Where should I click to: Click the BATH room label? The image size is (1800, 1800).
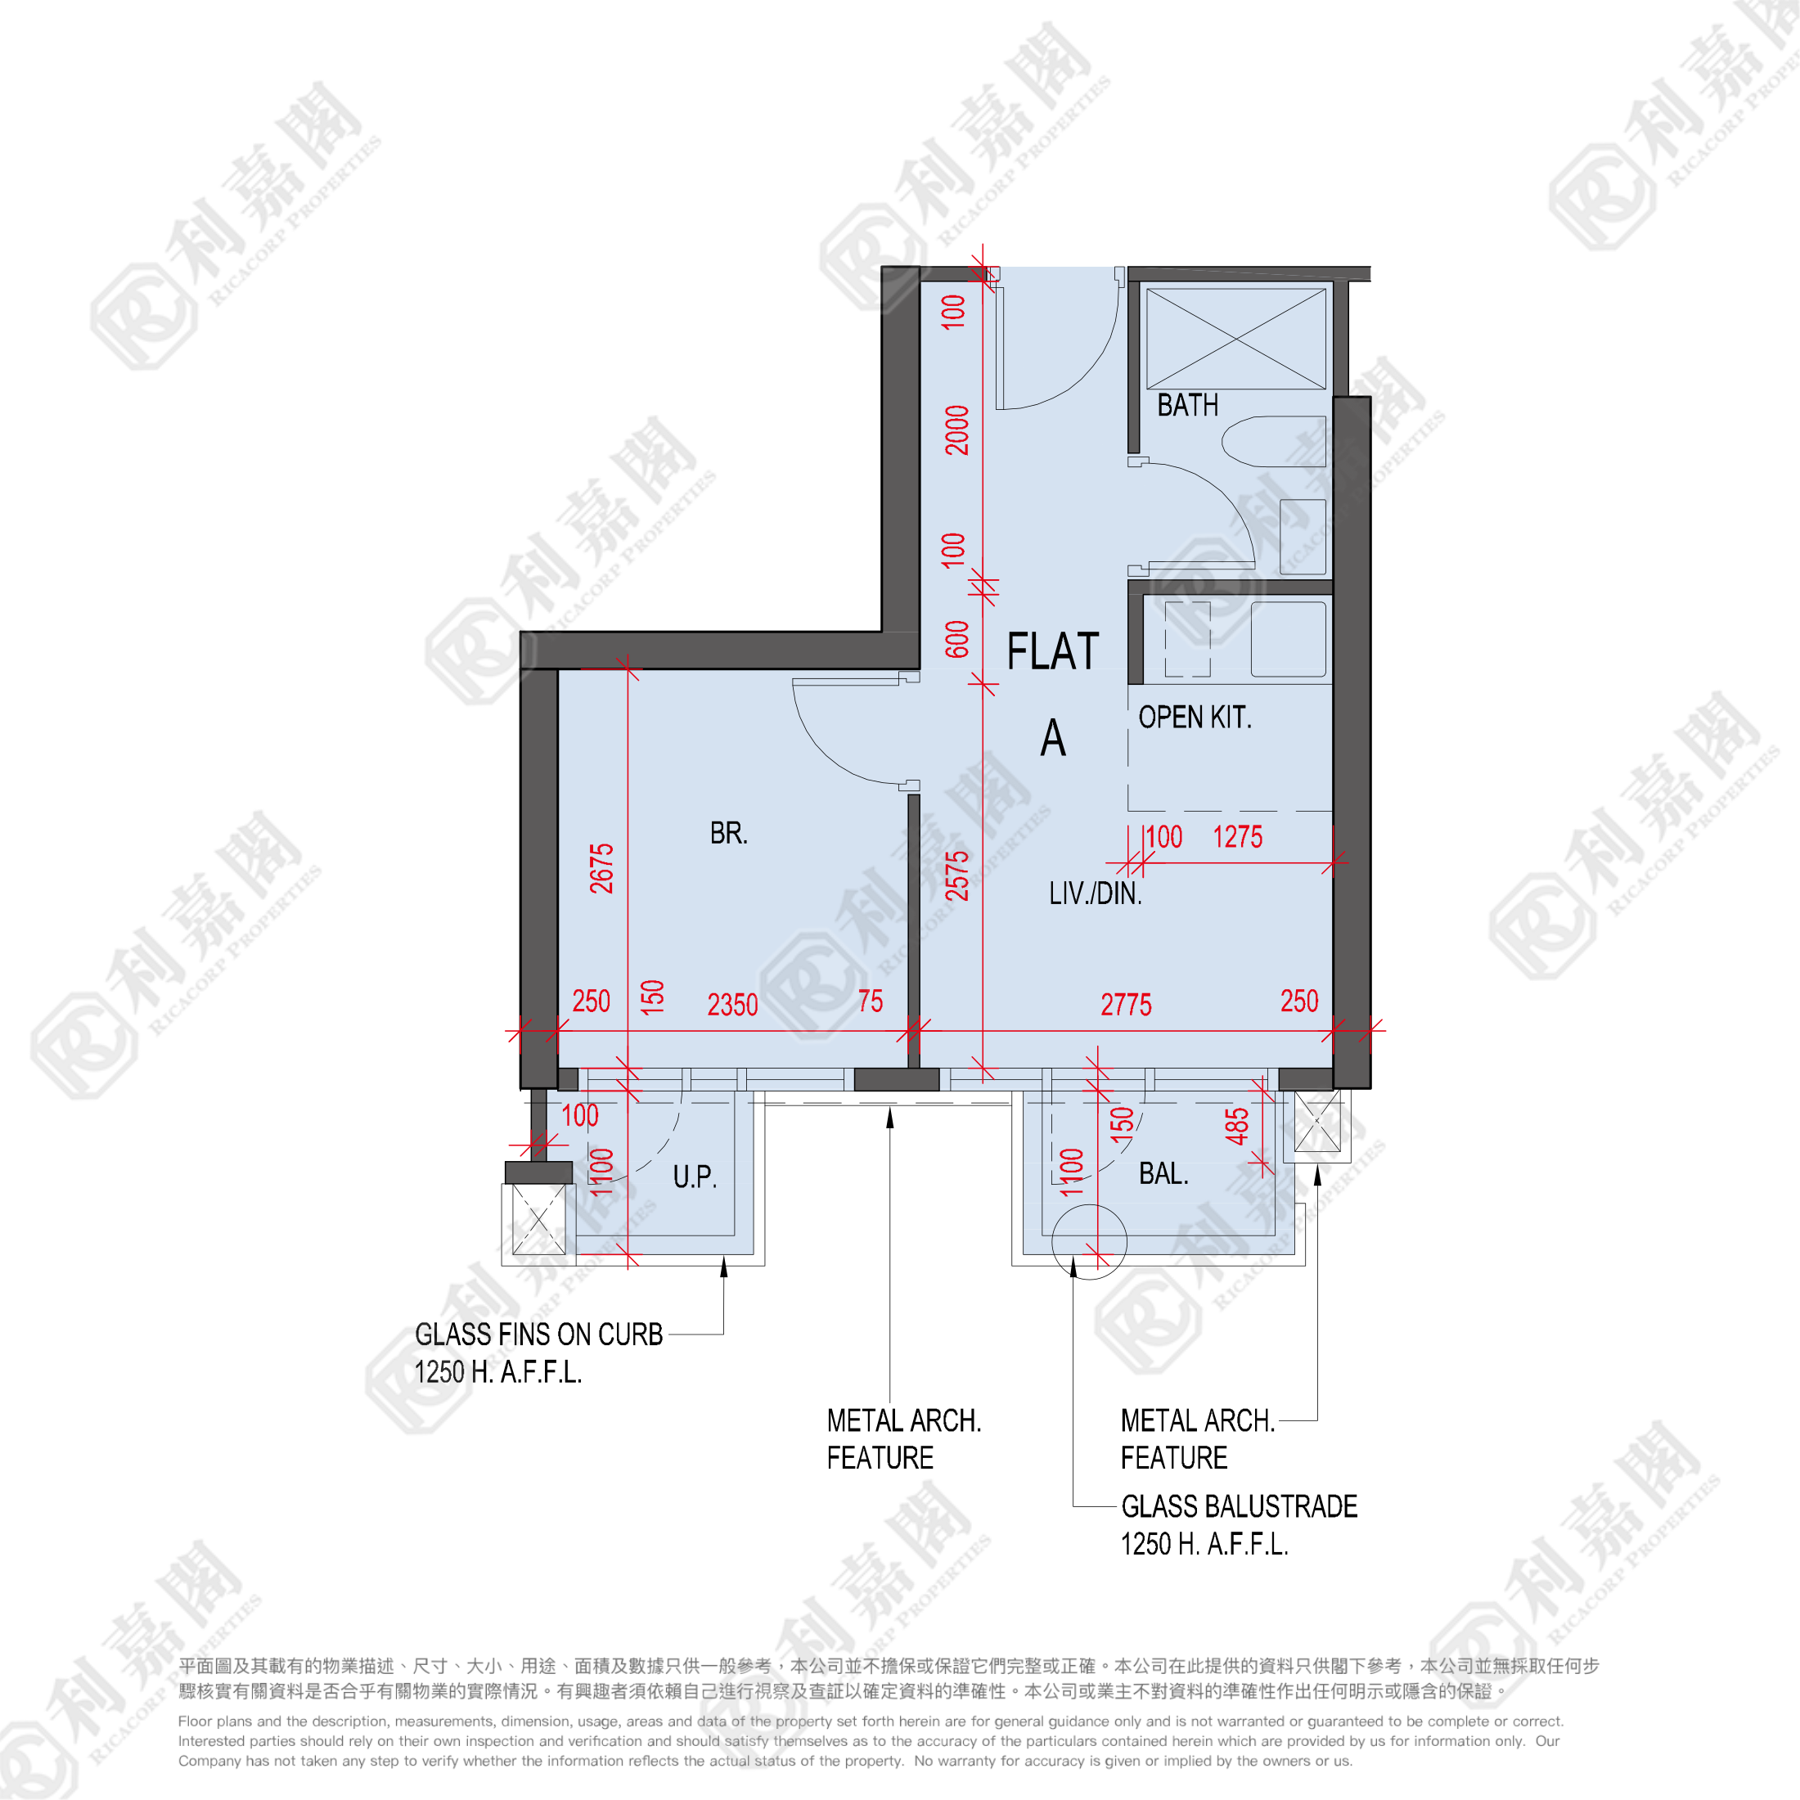coord(1187,405)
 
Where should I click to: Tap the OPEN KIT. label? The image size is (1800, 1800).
coord(1195,718)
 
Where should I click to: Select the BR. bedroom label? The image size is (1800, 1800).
coord(728,833)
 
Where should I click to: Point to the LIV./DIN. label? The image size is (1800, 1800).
coord(1095,893)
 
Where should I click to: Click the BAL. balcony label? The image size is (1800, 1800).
coord(1163,1174)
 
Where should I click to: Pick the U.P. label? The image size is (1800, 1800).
coord(695,1177)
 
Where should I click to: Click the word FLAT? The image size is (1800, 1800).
coord(1053,651)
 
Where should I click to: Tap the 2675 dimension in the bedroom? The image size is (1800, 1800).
coord(602,868)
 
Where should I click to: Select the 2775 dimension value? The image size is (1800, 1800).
coord(1126,1005)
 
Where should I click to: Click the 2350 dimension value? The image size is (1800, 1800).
coord(732,1005)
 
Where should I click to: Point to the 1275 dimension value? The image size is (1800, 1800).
coord(1237,837)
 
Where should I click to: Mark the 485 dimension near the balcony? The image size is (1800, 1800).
coord(1236,1127)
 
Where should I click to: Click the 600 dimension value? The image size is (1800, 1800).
coord(956,639)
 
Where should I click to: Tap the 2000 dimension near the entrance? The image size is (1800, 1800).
coord(956,430)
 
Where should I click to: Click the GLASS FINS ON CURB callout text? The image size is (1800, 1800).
coord(538,1334)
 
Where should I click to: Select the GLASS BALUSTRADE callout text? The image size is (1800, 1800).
coord(1238,1506)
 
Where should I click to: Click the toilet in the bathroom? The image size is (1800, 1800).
coord(1272,442)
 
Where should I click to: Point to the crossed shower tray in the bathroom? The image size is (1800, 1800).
coord(1235,338)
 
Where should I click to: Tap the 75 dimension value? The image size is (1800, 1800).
coord(871,1001)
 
